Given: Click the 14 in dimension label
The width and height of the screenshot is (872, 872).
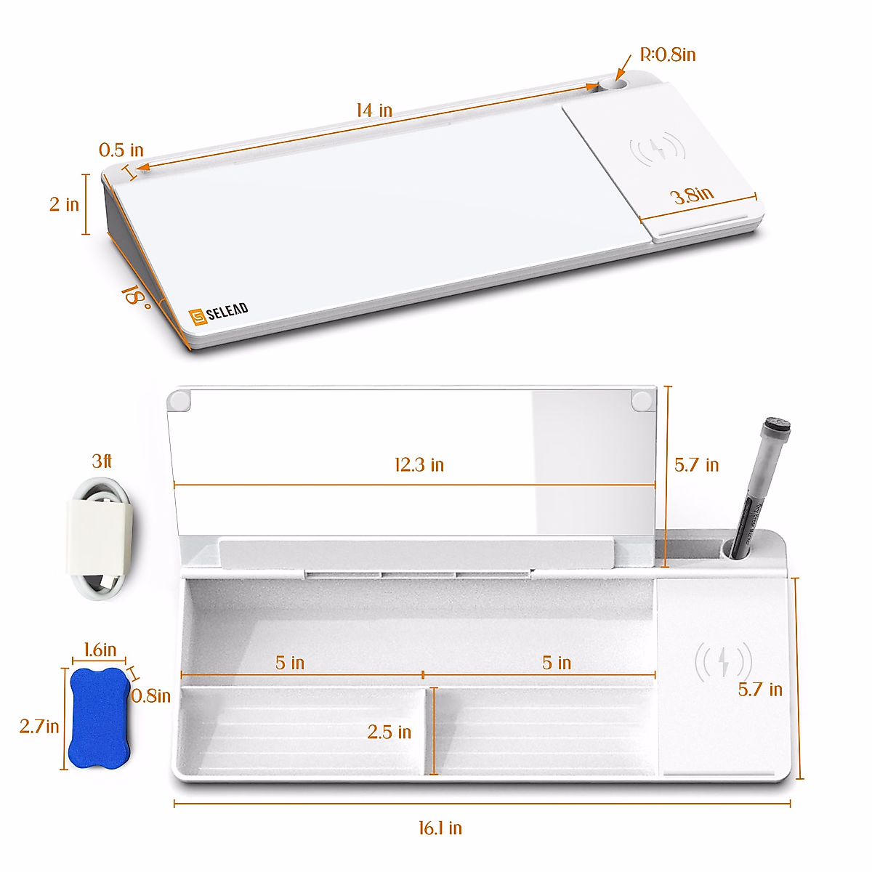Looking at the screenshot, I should click(374, 110).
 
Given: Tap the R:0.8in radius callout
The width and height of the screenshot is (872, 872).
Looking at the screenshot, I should click(668, 54).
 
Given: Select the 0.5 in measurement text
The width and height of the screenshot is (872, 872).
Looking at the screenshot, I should click(121, 150).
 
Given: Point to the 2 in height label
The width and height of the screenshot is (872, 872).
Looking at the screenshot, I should click(64, 205).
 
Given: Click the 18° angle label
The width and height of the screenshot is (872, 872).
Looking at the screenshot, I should click(136, 296).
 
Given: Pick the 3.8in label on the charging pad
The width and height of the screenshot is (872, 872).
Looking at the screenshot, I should click(691, 195).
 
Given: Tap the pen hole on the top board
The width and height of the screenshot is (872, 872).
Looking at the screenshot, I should click(614, 85).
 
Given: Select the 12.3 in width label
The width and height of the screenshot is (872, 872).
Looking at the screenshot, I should click(419, 465).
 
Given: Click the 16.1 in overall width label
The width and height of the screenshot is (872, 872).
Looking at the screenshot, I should click(440, 828).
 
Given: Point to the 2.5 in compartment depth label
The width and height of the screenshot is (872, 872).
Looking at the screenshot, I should click(389, 732).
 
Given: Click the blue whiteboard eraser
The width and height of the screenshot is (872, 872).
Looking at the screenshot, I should click(97, 718).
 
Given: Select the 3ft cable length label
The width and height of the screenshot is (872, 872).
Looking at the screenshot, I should click(102, 461).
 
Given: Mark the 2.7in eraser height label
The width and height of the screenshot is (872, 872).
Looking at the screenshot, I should click(39, 726).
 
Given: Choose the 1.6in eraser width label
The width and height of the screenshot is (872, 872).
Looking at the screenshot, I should click(100, 650).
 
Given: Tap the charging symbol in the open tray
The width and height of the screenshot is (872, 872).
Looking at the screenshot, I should click(722, 661).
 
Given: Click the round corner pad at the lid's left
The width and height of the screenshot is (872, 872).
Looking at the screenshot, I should click(178, 400).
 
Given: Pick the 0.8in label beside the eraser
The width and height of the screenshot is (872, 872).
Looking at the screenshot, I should click(151, 696).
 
